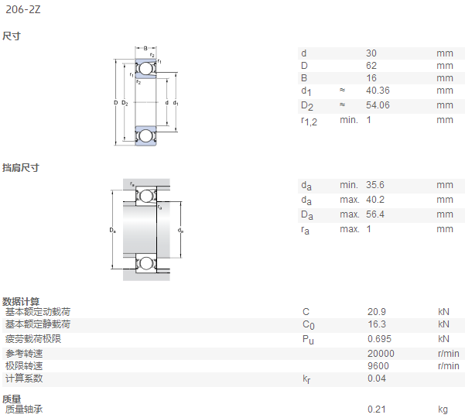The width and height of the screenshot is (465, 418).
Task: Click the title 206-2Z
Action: pyautogui.click(x=23, y=9)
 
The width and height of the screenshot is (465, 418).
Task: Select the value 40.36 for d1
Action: pyautogui.click(x=378, y=91)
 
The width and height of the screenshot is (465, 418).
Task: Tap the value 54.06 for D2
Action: pyautogui.click(x=378, y=105)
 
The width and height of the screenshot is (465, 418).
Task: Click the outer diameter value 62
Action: pyautogui.click(x=371, y=66)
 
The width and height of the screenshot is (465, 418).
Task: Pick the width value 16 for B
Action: pyautogui.click(x=371, y=78)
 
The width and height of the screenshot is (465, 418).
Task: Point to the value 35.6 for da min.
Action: pyautogui.click(x=374, y=185)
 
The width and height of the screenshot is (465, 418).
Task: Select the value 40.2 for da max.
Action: pyautogui.click(x=374, y=200)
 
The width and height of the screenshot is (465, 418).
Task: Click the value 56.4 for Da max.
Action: pyautogui.click(x=374, y=214)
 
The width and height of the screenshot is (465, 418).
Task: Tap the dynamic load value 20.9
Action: pyautogui.click(x=377, y=312)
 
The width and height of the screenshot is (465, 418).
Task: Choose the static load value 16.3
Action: pyautogui.click(x=377, y=324)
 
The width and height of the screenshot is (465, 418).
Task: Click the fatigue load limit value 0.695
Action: pyautogui.click(x=379, y=339)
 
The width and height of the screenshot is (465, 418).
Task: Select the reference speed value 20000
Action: pyautogui.click(x=381, y=354)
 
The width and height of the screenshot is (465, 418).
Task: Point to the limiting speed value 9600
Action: pyautogui.click(x=378, y=366)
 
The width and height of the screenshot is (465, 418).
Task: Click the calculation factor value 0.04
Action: pyautogui.click(x=377, y=379)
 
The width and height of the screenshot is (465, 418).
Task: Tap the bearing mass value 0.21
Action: pyautogui.click(x=377, y=409)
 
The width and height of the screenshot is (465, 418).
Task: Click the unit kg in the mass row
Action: pyautogui.click(x=443, y=410)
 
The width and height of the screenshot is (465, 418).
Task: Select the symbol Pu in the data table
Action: pyautogui.click(x=308, y=340)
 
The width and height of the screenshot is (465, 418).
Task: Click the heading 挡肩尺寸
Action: pyautogui.click(x=21, y=168)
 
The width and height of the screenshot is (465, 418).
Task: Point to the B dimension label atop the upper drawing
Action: pyautogui.click(x=145, y=48)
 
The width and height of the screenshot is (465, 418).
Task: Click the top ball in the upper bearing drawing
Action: pyautogui.click(x=145, y=69)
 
